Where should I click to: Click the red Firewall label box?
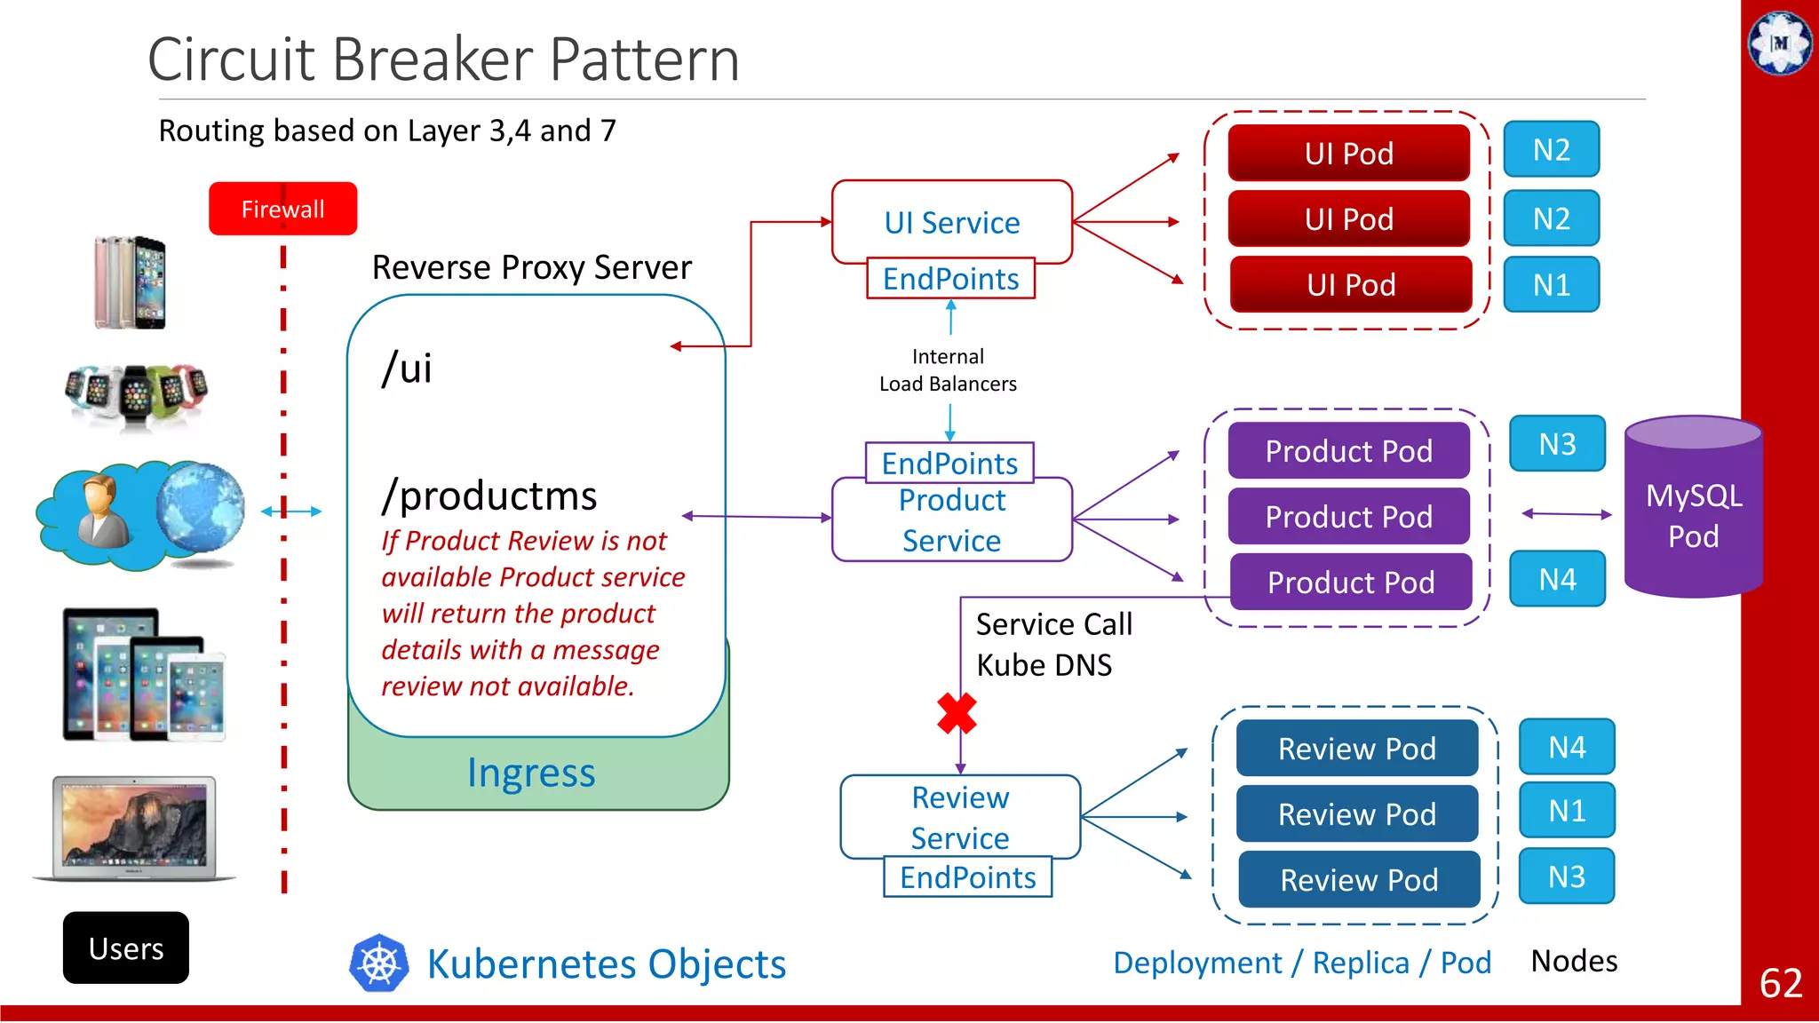click(282, 209)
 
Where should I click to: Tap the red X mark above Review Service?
click(957, 713)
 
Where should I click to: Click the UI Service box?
click(951, 222)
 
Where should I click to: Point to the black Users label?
click(126, 948)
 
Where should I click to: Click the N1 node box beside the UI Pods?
click(1551, 285)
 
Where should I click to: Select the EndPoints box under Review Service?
click(967, 877)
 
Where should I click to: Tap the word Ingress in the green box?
click(531, 773)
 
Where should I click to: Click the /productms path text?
click(489, 496)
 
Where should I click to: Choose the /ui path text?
click(407, 368)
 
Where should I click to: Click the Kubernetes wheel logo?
click(379, 963)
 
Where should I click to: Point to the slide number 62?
click(1780, 983)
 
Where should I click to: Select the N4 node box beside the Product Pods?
click(1557, 579)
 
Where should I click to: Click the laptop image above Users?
click(134, 828)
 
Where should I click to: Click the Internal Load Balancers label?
click(948, 370)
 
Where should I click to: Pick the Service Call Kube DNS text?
click(1053, 645)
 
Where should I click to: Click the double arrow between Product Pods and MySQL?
click(1566, 513)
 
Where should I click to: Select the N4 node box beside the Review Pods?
click(1567, 747)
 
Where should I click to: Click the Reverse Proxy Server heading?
click(531, 267)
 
